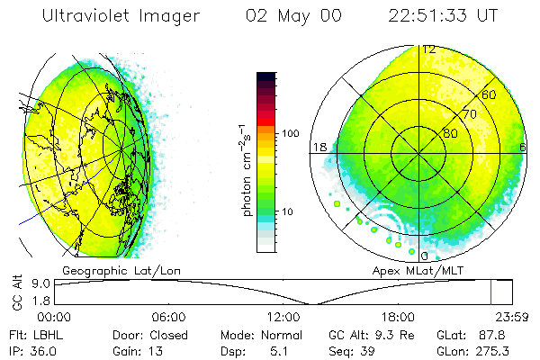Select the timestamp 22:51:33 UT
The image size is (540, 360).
[x=444, y=16]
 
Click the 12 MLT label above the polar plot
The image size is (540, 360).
[x=429, y=49]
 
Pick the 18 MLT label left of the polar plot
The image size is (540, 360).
[x=318, y=147]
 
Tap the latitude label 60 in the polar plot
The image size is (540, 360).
[x=489, y=94]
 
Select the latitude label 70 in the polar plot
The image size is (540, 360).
[x=466, y=114]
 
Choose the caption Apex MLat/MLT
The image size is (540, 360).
[x=410, y=270]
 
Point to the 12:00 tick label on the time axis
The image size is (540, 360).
[x=283, y=317]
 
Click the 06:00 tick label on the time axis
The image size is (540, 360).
[x=168, y=317]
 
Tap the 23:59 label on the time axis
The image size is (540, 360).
[x=511, y=317]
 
